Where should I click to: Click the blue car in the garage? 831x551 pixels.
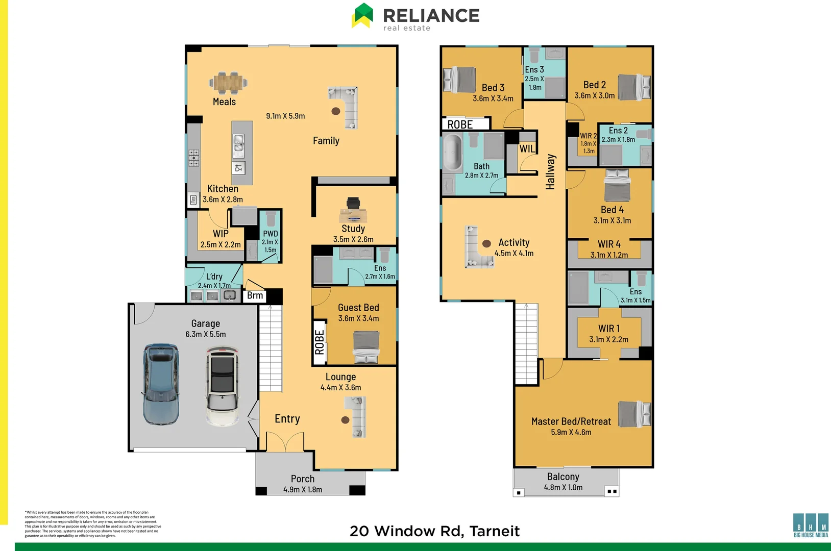pyautogui.click(x=161, y=384)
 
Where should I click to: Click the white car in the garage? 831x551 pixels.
pyautogui.click(x=223, y=386)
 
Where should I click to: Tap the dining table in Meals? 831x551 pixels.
pyautogui.click(x=228, y=83)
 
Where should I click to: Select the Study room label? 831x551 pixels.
pyautogui.click(x=353, y=229)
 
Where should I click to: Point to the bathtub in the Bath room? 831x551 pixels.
pyautogui.click(x=452, y=152)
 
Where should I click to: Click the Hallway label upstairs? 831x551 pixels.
pyautogui.click(x=550, y=172)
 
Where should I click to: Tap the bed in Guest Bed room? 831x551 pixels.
pyautogui.click(x=366, y=347)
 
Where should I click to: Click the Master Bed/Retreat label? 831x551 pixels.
pyautogui.click(x=571, y=421)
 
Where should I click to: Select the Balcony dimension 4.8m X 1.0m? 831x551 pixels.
pyautogui.click(x=563, y=488)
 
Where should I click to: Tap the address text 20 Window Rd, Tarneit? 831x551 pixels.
pyautogui.click(x=434, y=531)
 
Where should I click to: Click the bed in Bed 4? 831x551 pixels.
pyautogui.click(x=617, y=186)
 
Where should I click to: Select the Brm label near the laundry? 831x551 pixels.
pyautogui.click(x=255, y=295)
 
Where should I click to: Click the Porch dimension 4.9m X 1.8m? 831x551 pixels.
pyautogui.click(x=303, y=490)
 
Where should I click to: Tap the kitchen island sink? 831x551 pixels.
pyautogui.click(x=238, y=145)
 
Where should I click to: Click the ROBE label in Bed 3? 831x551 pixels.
pyautogui.click(x=460, y=124)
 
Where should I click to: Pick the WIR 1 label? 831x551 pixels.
pyautogui.click(x=608, y=329)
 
